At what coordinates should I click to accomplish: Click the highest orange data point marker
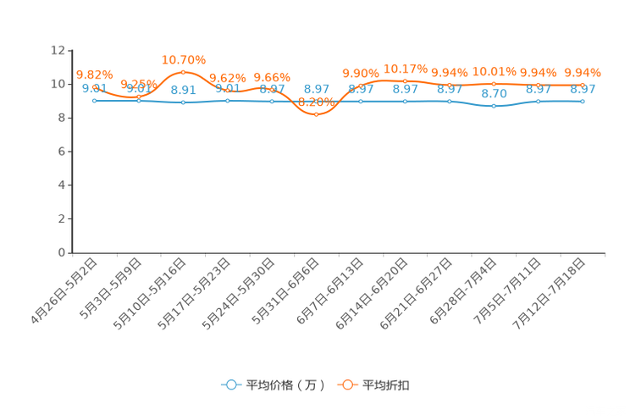point(184,72)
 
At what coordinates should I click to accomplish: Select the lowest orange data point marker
point(316,114)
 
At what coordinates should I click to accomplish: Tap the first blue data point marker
point(94,100)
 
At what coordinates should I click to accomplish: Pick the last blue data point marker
point(583,101)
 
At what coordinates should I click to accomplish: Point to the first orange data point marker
point(94,84)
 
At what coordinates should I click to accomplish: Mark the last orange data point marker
point(583,84)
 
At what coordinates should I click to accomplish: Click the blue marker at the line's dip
point(494,107)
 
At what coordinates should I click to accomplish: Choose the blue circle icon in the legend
point(229,384)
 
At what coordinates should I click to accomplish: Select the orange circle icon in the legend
point(347,384)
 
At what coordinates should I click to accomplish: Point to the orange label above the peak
point(184,59)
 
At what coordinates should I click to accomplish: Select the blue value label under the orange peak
point(183,89)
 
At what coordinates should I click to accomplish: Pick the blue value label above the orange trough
point(316,87)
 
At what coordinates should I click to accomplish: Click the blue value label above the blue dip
point(494,93)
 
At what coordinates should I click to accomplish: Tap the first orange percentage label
point(94,73)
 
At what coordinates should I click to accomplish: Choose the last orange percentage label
point(583,72)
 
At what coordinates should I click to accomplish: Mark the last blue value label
point(583,88)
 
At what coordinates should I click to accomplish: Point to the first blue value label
point(93,87)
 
